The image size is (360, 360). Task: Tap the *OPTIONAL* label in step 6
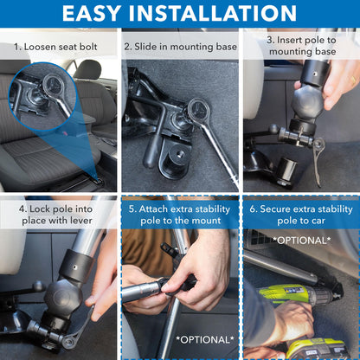pos(300,240)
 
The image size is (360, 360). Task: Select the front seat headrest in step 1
pos(87,68)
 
